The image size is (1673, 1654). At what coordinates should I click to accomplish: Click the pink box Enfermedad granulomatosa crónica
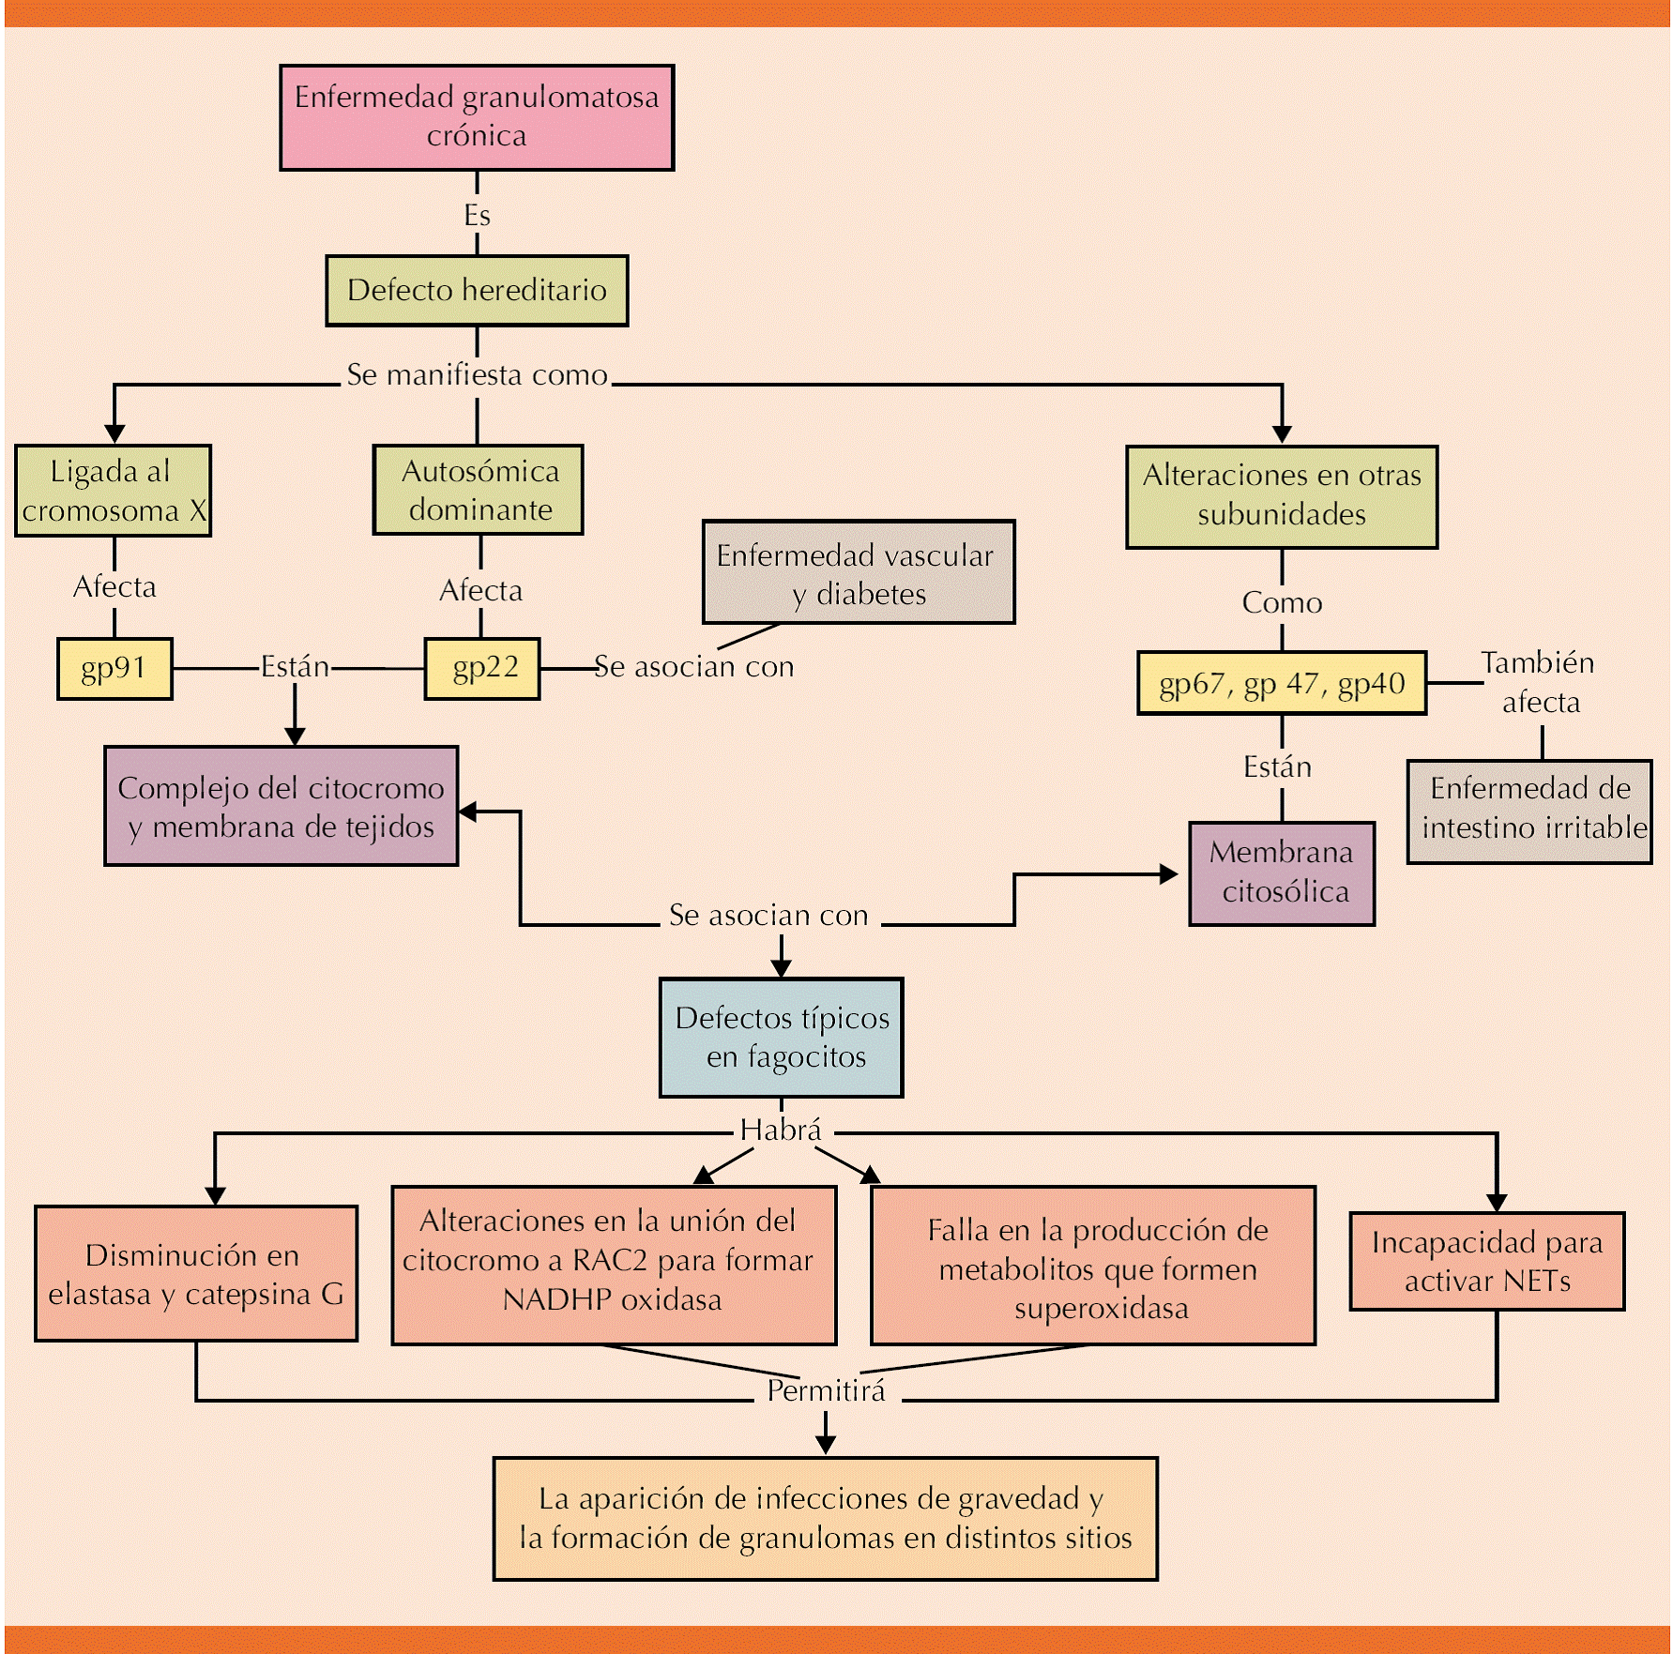click(x=477, y=117)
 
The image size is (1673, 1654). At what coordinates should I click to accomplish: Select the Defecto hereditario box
click(x=477, y=291)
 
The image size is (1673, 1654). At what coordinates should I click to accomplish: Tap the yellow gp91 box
click(x=114, y=669)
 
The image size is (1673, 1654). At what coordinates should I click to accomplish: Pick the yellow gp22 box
click(x=482, y=669)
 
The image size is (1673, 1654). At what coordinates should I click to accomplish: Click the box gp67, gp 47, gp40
click(x=1282, y=684)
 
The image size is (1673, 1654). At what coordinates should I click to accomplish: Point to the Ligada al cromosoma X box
click(x=114, y=491)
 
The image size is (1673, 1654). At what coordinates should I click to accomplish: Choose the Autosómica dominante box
click(x=479, y=490)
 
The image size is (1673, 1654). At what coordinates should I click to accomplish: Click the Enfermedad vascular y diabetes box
click(x=859, y=572)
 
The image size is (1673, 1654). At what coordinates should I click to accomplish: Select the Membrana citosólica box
click(x=1282, y=873)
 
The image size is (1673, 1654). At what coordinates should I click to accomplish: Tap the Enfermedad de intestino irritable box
click(x=1529, y=812)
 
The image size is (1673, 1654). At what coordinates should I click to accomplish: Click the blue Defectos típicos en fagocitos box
click(x=782, y=1038)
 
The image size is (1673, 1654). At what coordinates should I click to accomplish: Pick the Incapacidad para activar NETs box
click(x=1487, y=1261)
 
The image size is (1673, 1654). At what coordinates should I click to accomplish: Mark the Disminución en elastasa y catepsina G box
click(x=196, y=1274)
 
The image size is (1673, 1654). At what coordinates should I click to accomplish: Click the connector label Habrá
click(x=781, y=1130)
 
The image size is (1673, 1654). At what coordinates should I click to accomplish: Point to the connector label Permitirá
click(x=826, y=1391)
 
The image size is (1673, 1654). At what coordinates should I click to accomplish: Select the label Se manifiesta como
click(x=477, y=375)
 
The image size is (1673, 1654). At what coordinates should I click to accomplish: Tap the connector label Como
click(x=1282, y=603)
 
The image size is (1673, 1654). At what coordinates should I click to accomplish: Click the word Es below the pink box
click(x=477, y=216)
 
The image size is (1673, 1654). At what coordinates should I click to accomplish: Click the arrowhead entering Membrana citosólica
click(x=1169, y=874)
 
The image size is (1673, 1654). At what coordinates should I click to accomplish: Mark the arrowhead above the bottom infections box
click(x=826, y=1445)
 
